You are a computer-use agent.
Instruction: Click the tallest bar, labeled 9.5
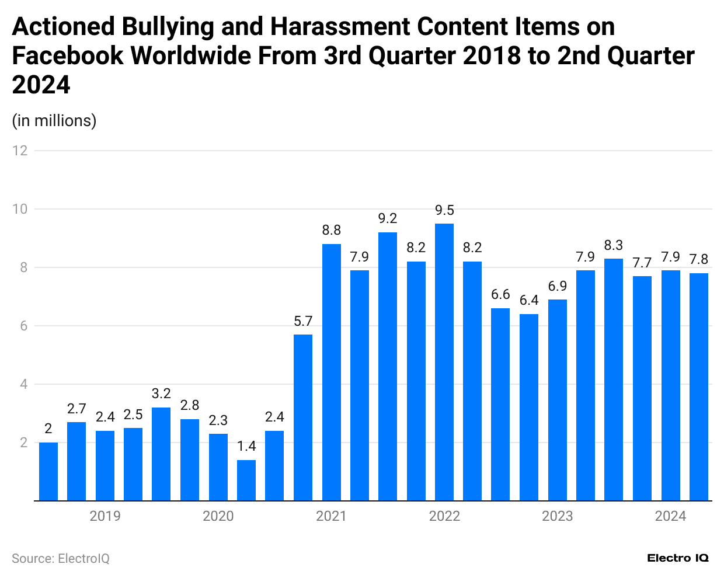tap(444, 362)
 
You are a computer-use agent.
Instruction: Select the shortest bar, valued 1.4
tap(246, 480)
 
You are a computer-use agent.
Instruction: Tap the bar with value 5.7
tap(303, 417)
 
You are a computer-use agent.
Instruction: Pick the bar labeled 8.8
tap(331, 372)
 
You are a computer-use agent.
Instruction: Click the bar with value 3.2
tap(161, 454)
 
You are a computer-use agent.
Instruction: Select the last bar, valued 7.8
tap(699, 387)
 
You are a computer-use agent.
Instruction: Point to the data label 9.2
tap(388, 218)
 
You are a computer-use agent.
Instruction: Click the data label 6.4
tap(529, 300)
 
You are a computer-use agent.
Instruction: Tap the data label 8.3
tap(614, 245)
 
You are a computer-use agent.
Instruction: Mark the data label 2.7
tap(76, 409)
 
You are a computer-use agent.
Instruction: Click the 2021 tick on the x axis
tap(331, 516)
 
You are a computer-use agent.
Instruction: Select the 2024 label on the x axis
tap(670, 516)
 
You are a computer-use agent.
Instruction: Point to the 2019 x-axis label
tap(105, 516)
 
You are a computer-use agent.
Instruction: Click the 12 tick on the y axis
tap(20, 151)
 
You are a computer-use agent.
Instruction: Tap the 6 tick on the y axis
tap(24, 326)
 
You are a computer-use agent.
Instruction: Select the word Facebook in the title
tap(68, 56)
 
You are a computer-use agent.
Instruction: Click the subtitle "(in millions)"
tap(54, 120)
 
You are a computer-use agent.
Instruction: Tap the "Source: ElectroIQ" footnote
tap(61, 559)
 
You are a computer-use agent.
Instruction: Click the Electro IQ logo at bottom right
tap(677, 558)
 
